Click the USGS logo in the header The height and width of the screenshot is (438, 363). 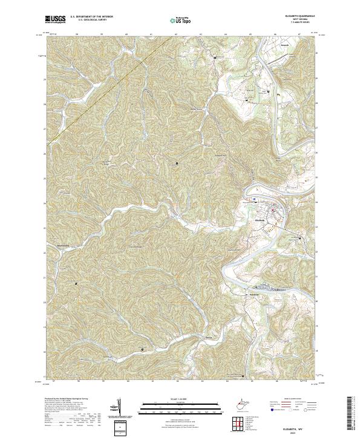pyautogui.click(x=56, y=20)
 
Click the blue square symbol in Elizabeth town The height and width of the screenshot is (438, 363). pyautogui.click(x=255, y=198)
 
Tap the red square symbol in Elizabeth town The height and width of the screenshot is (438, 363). pyautogui.click(x=272, y=210)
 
